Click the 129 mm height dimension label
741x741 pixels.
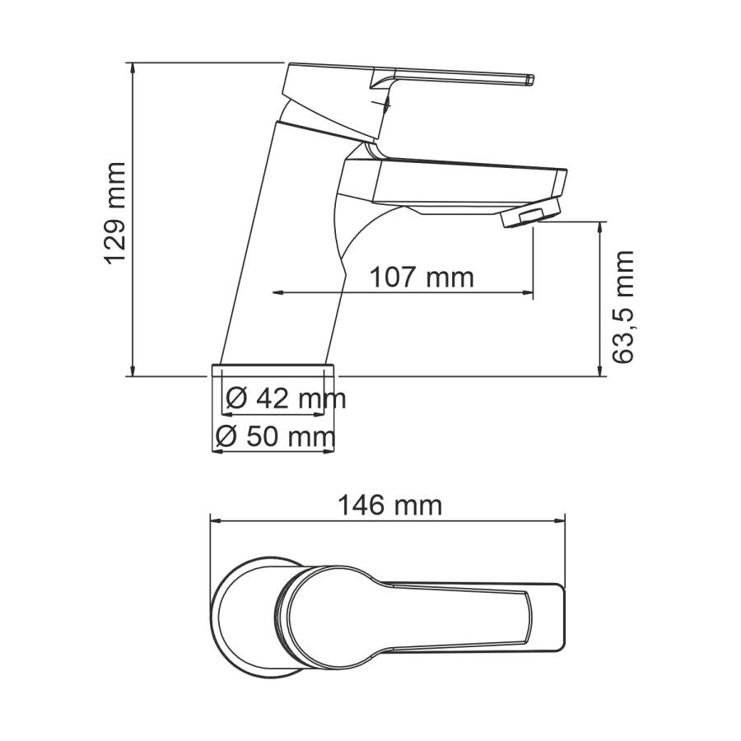click(114, 212)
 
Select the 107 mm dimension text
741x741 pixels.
click(421, 277)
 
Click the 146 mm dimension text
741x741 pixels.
click(389, 505)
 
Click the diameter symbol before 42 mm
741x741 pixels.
click(235, 399)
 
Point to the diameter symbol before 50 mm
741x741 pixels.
click(225, 437)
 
